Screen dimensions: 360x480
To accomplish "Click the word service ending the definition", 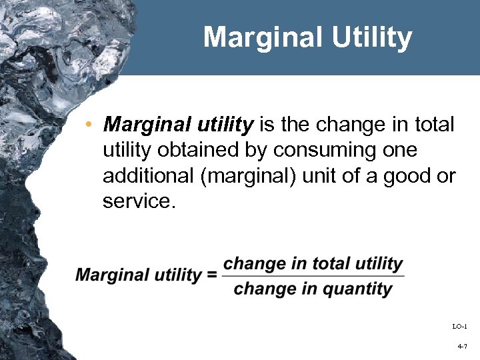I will pyautogui.click(x=137, y=201).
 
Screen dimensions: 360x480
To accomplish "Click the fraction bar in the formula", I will pyautogui.click(x=313, y=277).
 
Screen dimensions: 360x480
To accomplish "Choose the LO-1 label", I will pyautogui.click(x=459, y=326).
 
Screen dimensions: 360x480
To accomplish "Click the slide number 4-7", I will pyautogui.click(x=462, y=347).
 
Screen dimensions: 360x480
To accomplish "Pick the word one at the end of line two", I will pyautogui.click(x=401, y=151).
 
